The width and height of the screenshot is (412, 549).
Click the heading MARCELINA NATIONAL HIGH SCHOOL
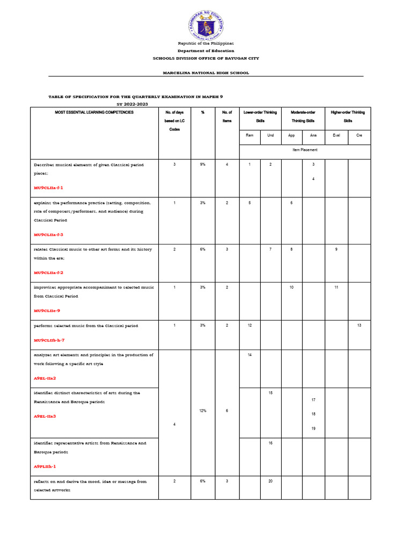coord(206,73)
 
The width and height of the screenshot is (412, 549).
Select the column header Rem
coord(249,136)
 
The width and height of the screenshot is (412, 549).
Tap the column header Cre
coord(359,136)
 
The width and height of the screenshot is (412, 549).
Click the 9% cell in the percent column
coord(203,165)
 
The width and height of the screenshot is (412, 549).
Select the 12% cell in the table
coord(203,410)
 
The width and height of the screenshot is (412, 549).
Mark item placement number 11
coord(336,287)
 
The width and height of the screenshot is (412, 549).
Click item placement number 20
coord(270,481)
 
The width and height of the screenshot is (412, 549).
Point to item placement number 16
coord(270,443)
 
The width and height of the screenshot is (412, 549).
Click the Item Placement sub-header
coord(305,150)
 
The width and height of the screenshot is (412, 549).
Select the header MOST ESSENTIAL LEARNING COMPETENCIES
coord(94,113)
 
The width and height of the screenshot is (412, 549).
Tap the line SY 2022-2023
coord(132,104)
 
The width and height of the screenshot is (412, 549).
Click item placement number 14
coord(249,355)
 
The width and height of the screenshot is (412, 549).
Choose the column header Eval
coord(336,136)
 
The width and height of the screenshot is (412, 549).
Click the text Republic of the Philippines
coord(206,43)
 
